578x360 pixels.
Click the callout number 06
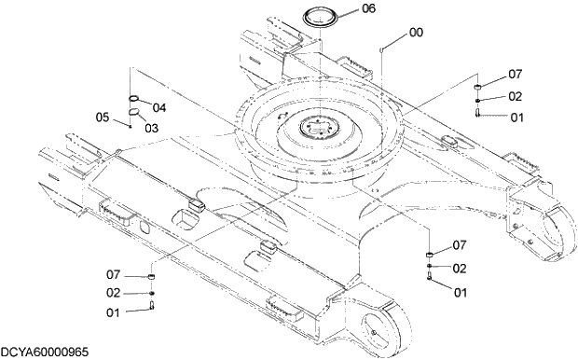point(369,8)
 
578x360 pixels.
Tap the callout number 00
point(416,32)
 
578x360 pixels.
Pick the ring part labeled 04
point(134,97)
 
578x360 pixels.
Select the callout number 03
point(151,128)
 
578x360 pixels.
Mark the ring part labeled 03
point(134,112)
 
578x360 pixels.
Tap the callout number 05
point(103,117)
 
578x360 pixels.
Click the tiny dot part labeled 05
point(131,128)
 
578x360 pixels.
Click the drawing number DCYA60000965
point(45,352)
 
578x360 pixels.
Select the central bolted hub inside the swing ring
point(318,125)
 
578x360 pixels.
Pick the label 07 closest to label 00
point(515,74)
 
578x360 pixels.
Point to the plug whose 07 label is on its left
point(151,278)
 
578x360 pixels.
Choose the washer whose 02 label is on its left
point(152,294)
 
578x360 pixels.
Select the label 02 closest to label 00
point(515,95)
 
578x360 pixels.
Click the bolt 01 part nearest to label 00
point(477,114)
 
